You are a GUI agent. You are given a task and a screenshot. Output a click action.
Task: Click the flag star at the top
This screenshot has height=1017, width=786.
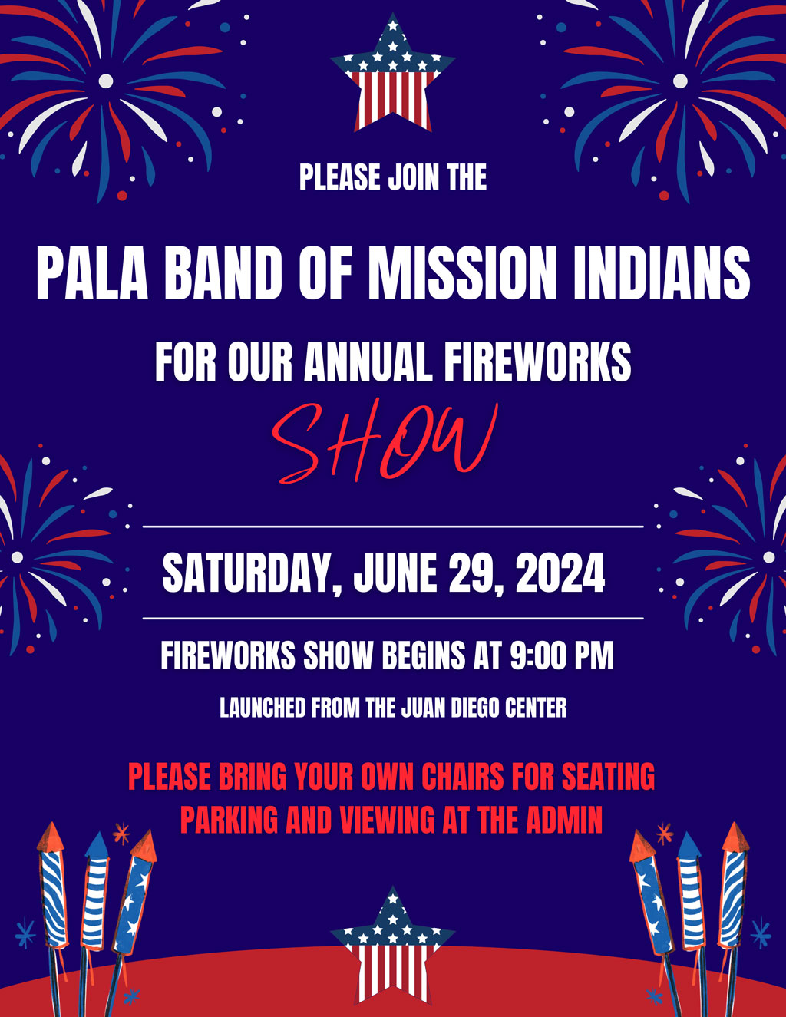click(392, 77)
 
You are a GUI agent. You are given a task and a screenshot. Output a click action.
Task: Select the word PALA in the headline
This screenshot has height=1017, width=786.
click(92, 273)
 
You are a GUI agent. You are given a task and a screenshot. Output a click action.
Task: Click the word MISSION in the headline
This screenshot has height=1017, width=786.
click(461, 273)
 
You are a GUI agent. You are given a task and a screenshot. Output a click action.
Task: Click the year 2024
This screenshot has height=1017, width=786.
click(560, 573)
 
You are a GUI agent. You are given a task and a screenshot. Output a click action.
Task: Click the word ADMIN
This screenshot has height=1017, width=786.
click(564, 821)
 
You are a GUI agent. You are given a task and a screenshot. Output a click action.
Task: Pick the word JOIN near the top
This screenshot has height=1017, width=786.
click(414, 177)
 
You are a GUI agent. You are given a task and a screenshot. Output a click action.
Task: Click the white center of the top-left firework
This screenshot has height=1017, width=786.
click(106, 81)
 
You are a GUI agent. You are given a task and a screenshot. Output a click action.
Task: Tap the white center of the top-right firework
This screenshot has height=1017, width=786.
click(680, 81)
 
